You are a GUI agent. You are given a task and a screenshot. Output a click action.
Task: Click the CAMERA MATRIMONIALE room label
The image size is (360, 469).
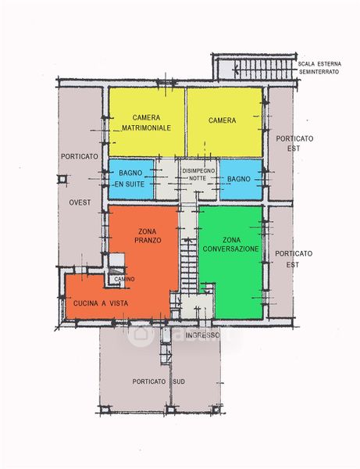coord(146,123)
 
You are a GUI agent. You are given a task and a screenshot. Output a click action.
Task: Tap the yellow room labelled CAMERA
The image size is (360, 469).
coord(225,122)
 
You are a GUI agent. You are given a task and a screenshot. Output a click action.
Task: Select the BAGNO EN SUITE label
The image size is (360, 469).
coord(130,178)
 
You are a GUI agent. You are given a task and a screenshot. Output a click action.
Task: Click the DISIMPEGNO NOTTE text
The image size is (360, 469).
coord(198,174)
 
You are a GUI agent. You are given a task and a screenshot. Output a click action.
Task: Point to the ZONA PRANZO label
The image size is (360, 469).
coord(148,236)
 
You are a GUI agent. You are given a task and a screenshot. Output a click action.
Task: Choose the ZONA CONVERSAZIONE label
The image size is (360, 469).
coord(230,245)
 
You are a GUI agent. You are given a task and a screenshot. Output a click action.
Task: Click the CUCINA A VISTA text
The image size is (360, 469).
coord(101,303)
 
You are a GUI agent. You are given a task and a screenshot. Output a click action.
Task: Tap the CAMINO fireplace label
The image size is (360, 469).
coord(124,279)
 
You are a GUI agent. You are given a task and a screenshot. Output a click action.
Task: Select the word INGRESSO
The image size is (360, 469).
coord(202,335)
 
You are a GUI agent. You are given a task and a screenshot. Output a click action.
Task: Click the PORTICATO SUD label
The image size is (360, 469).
coord(159,381)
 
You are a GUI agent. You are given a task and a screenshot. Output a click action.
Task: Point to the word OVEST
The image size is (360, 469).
coord(80,202)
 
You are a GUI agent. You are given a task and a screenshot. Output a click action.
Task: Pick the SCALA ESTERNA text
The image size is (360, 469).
coord(319,64)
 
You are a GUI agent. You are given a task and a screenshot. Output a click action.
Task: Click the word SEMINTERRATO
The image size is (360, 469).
coord(319,72)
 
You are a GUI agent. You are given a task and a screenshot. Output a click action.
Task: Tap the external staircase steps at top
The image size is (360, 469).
coord(262,69)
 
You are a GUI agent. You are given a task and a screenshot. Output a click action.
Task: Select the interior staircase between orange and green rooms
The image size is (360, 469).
coord(188,266)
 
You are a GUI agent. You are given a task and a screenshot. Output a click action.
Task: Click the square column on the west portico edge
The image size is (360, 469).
coord(62,179)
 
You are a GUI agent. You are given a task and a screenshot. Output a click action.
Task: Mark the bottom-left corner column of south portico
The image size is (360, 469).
coord(105,409)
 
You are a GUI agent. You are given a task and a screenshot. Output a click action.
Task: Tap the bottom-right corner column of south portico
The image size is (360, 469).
coord(215,409)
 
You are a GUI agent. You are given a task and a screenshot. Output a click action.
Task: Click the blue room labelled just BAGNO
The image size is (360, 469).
coord(241,179)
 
